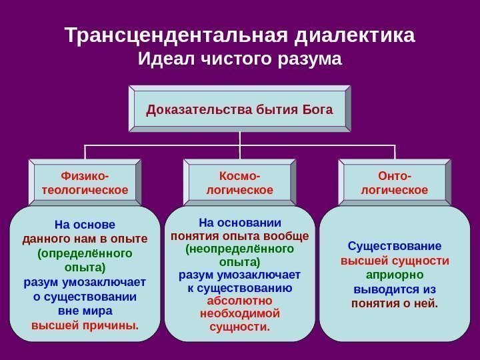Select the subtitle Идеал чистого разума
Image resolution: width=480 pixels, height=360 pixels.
(x=239, y=60)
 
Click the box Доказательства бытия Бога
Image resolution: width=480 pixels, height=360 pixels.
(x=239, y=108)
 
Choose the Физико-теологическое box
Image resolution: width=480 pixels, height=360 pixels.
(x=85, y=183)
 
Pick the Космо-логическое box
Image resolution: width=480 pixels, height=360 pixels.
(x=240, y=183)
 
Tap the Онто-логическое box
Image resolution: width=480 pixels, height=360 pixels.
(x=394, y=183)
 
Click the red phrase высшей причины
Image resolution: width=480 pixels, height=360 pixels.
(x=85, y=325)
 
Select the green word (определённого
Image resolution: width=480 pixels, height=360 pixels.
(x=85, y=253)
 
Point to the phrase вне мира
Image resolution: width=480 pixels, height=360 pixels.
(x=85, y=311)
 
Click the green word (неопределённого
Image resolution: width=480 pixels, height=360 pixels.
(x=239, y=249)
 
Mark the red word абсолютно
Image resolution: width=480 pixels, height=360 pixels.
(x=239, y=301)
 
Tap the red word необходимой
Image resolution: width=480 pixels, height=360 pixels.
(x=239, y=313)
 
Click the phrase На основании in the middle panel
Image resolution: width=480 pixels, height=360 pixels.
(x=239, y=222)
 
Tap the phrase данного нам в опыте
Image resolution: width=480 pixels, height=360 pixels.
(x=85, y=239)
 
